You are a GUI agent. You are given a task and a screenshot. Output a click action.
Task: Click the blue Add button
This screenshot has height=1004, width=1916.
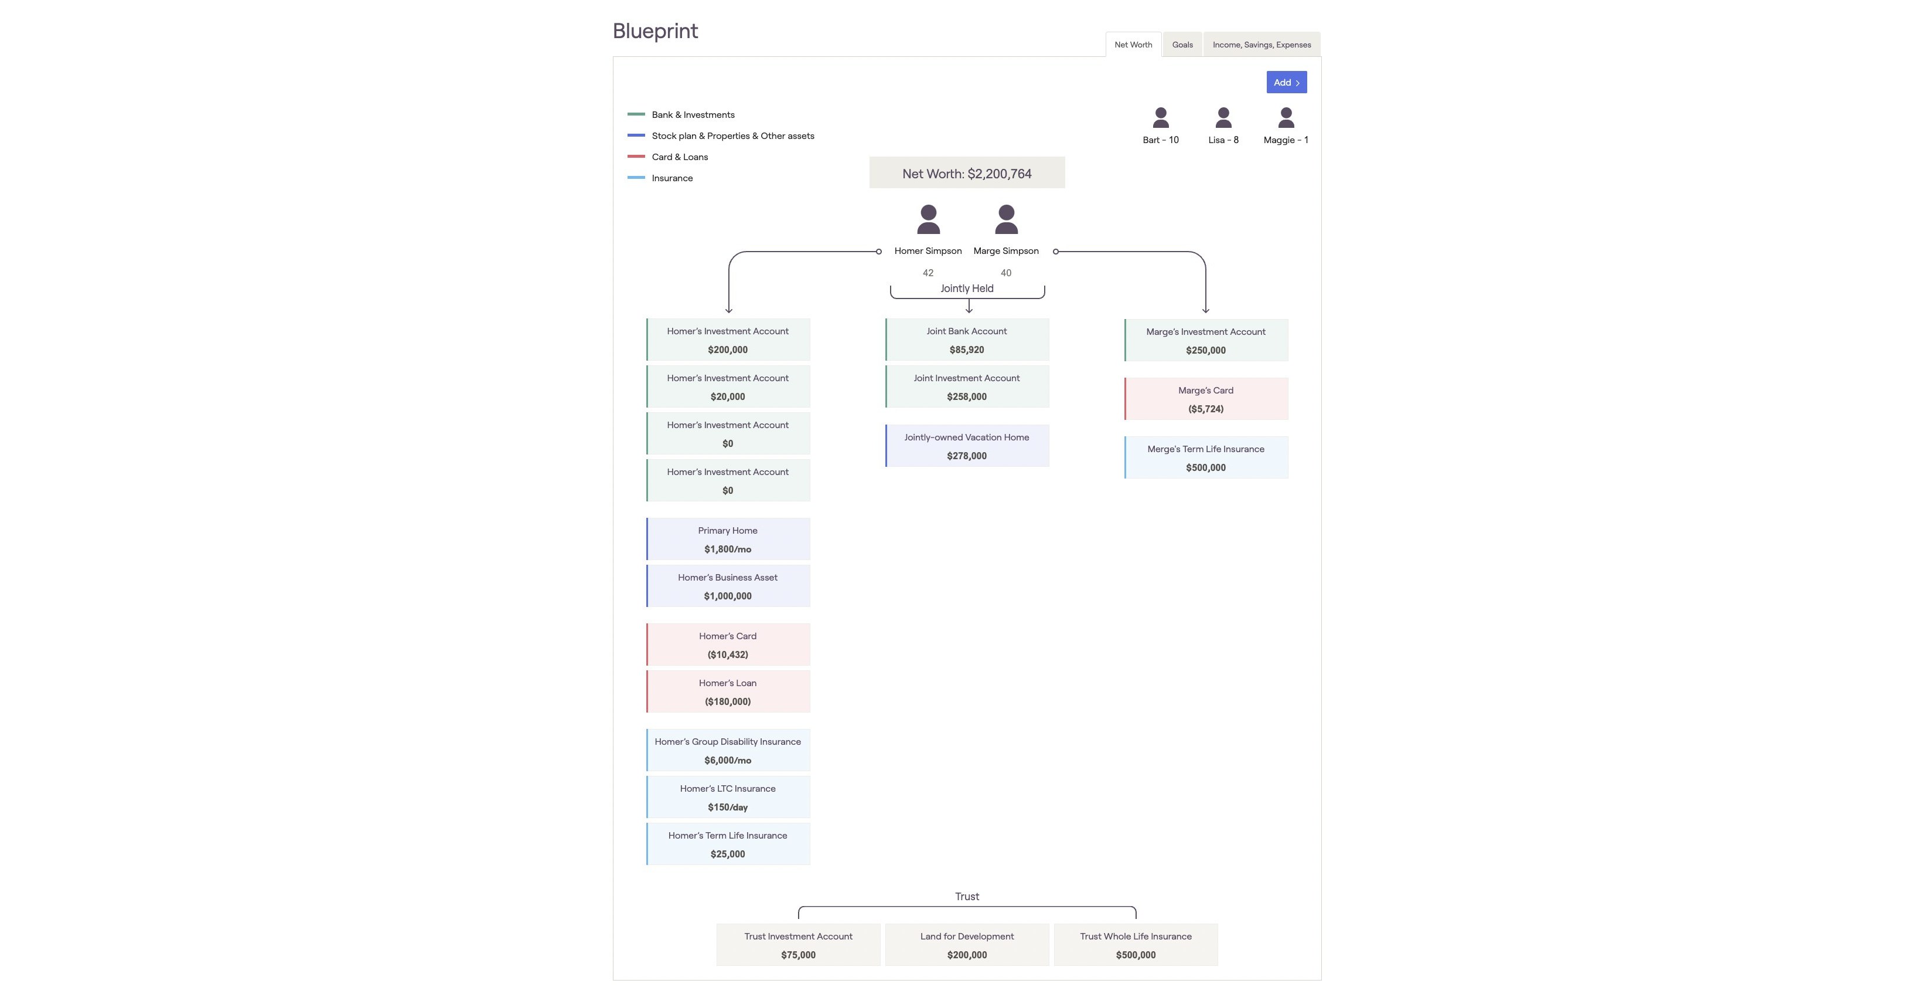(x=1286, y=83)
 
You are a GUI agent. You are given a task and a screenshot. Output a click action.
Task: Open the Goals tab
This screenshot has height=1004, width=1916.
(x=1182, y=45)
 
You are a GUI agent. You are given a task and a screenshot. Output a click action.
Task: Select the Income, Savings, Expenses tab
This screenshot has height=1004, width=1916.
(x=1262, y=45)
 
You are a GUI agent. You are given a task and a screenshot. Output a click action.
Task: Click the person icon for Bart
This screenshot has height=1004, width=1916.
(x=1160, y=118)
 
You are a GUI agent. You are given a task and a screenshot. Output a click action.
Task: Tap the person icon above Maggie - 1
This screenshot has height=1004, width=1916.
(x=1286, y=118)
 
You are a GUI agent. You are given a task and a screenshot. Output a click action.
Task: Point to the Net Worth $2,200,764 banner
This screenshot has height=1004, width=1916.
(x=966, y=174)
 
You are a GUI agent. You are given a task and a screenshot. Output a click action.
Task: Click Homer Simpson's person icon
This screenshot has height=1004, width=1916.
(x=928, y=219)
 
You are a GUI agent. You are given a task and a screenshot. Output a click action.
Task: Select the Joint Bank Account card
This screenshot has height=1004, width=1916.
(x=967, y=340)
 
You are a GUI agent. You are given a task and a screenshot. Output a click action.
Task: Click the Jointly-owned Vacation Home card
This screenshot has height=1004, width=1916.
(x=967, y=446)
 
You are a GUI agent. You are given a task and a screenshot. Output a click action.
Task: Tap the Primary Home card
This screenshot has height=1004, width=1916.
(x=727, y=540)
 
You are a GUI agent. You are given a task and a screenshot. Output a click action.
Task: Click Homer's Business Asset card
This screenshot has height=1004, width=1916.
(x=727, y=586)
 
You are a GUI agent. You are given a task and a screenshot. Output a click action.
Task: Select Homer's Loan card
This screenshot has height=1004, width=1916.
(x=727, y=692)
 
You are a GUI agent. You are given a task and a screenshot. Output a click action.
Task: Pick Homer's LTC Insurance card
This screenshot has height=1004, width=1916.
(x=727, y=798)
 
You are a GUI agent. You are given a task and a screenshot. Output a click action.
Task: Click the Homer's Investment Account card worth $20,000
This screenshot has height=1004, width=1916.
(x=727, y=387)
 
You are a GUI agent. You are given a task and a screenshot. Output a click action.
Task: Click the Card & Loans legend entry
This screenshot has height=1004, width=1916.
(x=679, y=157)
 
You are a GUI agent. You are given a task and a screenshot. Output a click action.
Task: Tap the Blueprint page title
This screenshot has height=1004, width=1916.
(x=655, y=31)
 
